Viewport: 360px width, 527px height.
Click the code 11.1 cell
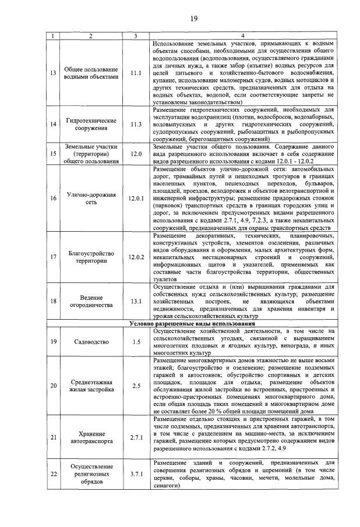pyautogui.click(x=136, y=73)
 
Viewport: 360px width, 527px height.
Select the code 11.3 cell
pyautogui.click(x=136, y=124)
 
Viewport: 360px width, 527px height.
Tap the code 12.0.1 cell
pyautogui.click(x=136, y=198)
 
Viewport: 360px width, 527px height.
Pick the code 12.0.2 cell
pyautogui.click(x=136, y=257)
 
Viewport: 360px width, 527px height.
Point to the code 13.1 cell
pyautogui.click(x=136, y=301)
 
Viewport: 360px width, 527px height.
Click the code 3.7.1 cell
pyautogui.click(x=136, y=474)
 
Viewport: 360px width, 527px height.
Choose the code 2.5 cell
pyautogui.click(x=136, y=385)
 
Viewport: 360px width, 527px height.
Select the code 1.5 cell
pyautogui.click(x=136, y=341)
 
